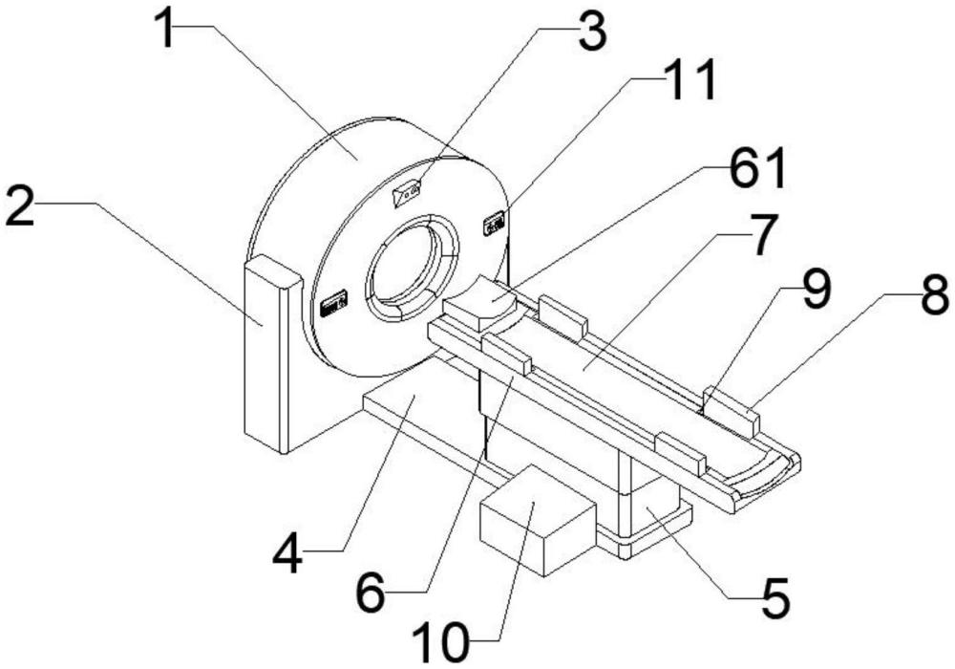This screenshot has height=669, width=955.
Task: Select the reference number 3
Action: pyautogui.click(x=590, y=33)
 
